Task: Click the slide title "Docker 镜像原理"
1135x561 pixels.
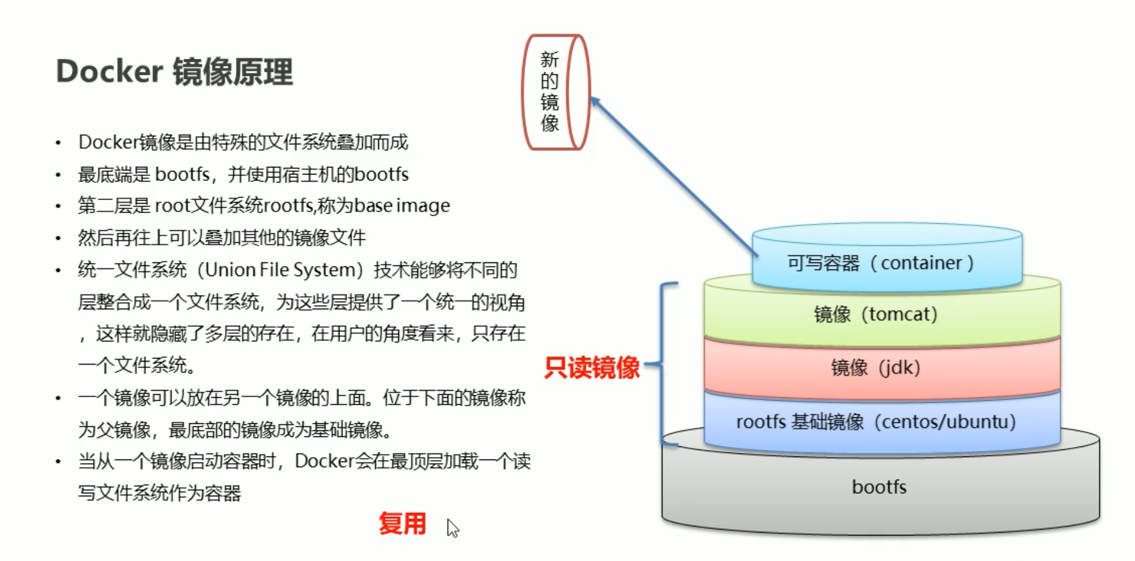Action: [x=175, y=72]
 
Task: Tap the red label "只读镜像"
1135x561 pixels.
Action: [x=592, y=367]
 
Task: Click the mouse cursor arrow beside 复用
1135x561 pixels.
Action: [x=452, y=527]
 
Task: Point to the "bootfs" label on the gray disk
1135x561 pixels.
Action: [x=879, y=487]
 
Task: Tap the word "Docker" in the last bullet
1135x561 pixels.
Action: [x=324, y=461]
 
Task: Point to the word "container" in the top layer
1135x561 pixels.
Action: [x=921, y=263]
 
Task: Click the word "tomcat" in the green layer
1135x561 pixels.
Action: [x=899, y=314]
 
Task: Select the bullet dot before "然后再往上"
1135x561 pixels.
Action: [x=58, y=239]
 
